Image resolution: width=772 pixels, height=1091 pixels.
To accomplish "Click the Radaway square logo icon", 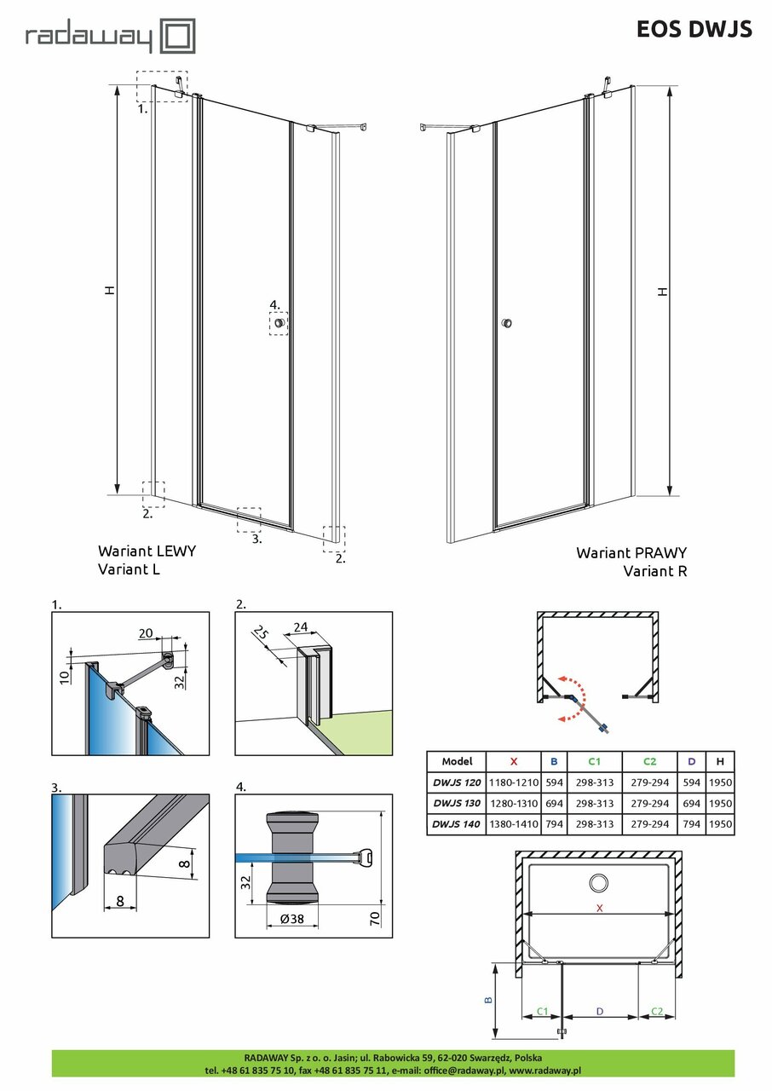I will point(179,38).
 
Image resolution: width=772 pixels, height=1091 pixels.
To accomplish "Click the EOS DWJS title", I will point(694,29).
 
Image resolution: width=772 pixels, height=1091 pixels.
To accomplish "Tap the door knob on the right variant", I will point(507,323).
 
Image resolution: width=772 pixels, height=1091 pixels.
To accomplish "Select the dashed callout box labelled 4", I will point(279,323).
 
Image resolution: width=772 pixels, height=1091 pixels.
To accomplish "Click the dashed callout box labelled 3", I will point(248,519).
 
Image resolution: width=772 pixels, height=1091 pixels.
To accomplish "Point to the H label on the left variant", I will point(108,290).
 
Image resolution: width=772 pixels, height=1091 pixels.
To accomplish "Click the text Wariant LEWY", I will point(147,551).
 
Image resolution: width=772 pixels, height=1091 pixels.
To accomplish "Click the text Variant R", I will point(654,571).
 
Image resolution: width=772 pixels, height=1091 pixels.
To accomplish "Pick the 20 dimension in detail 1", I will point(147,632).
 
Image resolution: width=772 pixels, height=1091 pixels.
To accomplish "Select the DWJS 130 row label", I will point(456,804).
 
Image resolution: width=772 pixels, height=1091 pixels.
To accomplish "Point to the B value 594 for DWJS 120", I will point(554,782).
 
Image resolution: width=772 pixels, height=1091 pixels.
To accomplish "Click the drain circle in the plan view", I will point(599,883).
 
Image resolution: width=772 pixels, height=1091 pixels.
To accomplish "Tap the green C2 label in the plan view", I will point(657,1011).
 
